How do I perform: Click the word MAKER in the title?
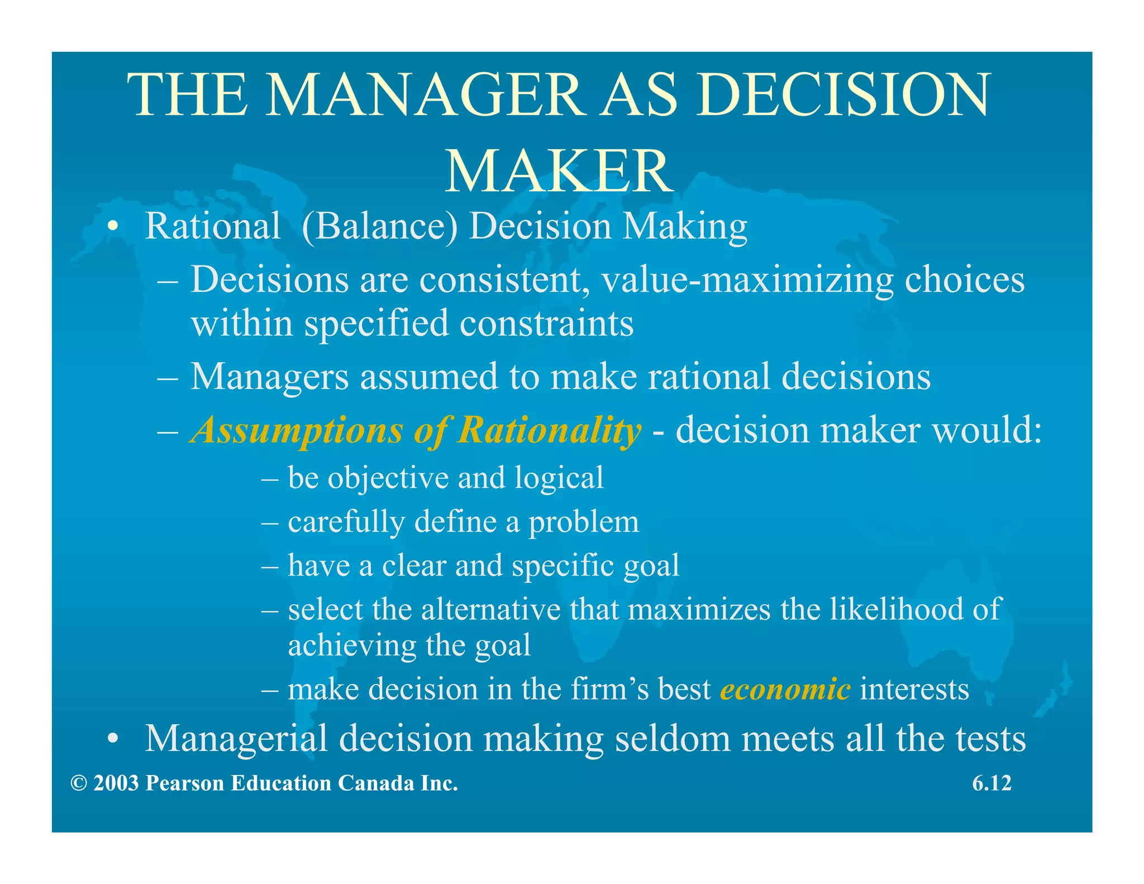tap(559, 171)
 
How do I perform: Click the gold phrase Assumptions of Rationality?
tap(416, 430)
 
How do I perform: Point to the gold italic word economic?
tap(785, 688)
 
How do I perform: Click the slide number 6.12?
tap(992, 783)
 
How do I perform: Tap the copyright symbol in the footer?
tap(79, 783)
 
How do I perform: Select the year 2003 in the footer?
tap(116, 783)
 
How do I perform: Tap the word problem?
tap(584, 522)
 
